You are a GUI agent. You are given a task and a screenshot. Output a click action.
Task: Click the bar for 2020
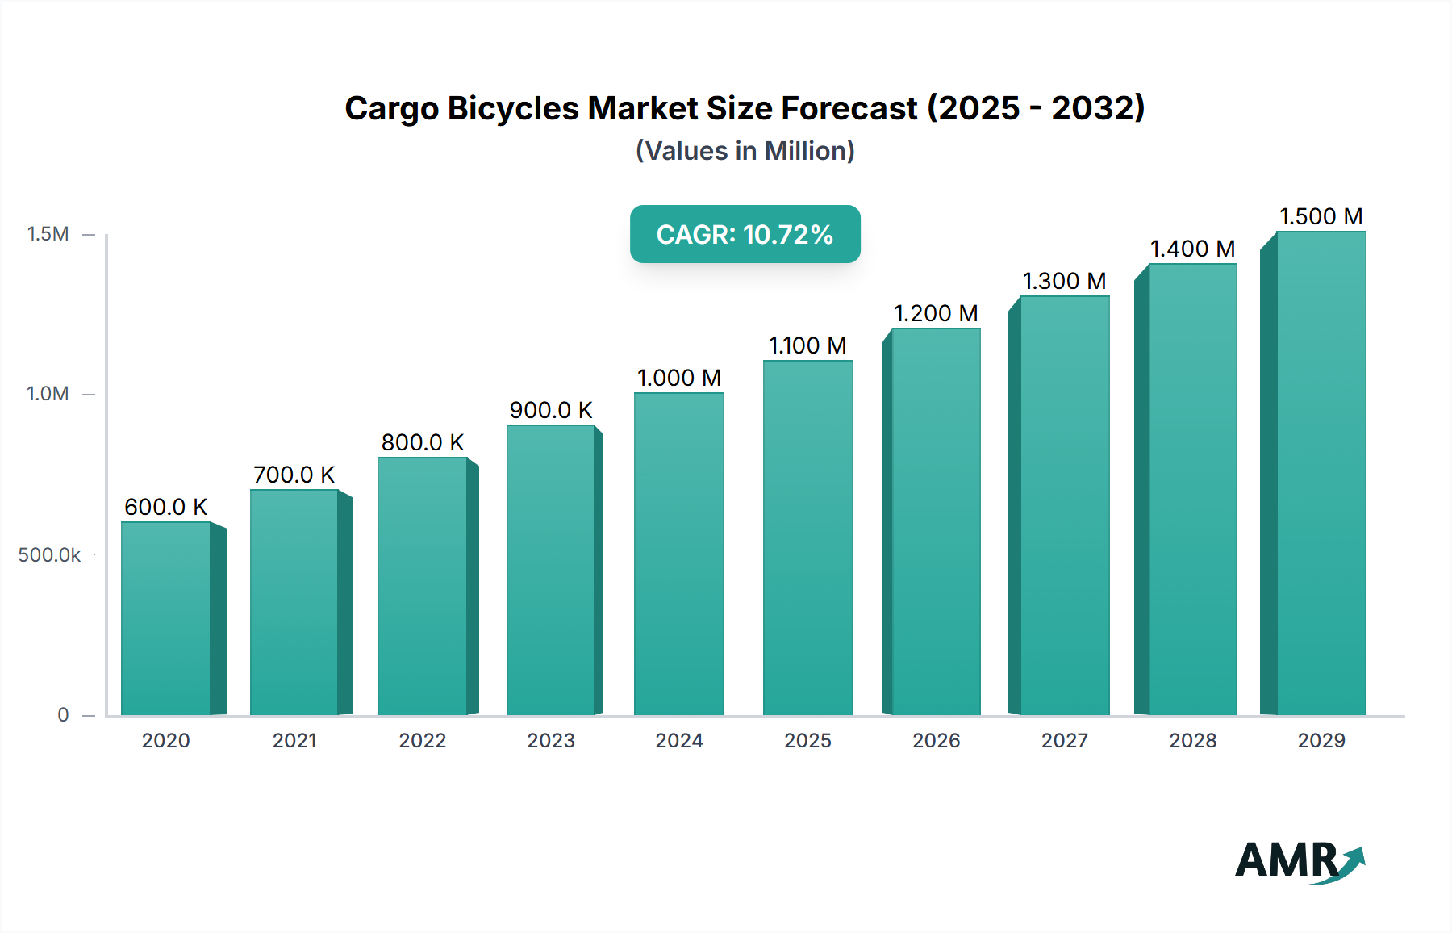[166, 618]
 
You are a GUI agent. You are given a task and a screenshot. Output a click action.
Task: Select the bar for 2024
[679, 554]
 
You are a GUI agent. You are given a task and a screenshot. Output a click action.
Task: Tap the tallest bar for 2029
[1321, 473]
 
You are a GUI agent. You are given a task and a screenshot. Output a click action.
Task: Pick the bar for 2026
[936, 521]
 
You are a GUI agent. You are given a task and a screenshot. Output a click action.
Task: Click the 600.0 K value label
[165, 507]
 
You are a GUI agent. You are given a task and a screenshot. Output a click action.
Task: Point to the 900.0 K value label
[551, 410]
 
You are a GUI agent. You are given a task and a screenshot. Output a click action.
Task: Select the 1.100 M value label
[807, 345]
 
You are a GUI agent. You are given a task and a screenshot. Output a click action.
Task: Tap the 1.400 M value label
[1192, 249]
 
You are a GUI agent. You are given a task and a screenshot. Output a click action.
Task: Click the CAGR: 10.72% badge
[745, 234]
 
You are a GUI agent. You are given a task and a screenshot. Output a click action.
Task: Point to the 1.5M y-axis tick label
[48, 234]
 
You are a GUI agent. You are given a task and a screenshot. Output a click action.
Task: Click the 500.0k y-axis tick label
[49, 555]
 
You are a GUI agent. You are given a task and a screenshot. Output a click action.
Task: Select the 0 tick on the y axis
[63, 715]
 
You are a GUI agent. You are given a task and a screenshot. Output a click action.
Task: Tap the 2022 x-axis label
[423, 741]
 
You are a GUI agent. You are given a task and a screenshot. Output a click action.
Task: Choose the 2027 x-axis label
[1064, 741]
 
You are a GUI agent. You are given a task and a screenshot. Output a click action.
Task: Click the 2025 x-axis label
[807, 741]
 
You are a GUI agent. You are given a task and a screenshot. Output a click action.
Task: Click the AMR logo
[1299, 861]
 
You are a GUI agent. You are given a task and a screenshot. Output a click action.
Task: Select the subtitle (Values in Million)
[745, 151]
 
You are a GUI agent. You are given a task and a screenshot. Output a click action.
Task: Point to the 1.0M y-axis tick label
[48, 394]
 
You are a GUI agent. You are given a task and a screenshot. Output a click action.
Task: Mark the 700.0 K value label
[294, 475]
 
